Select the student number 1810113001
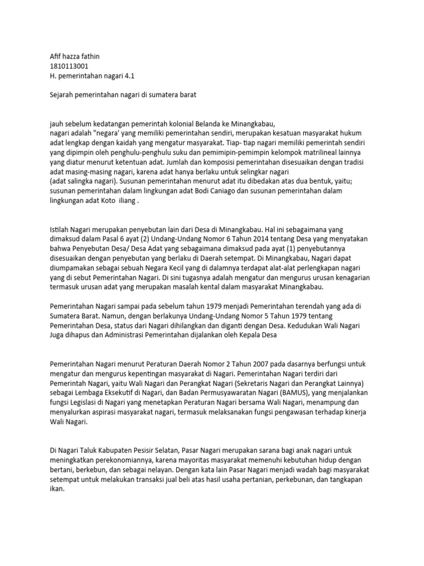(68, 66)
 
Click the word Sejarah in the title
(62, 95)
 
